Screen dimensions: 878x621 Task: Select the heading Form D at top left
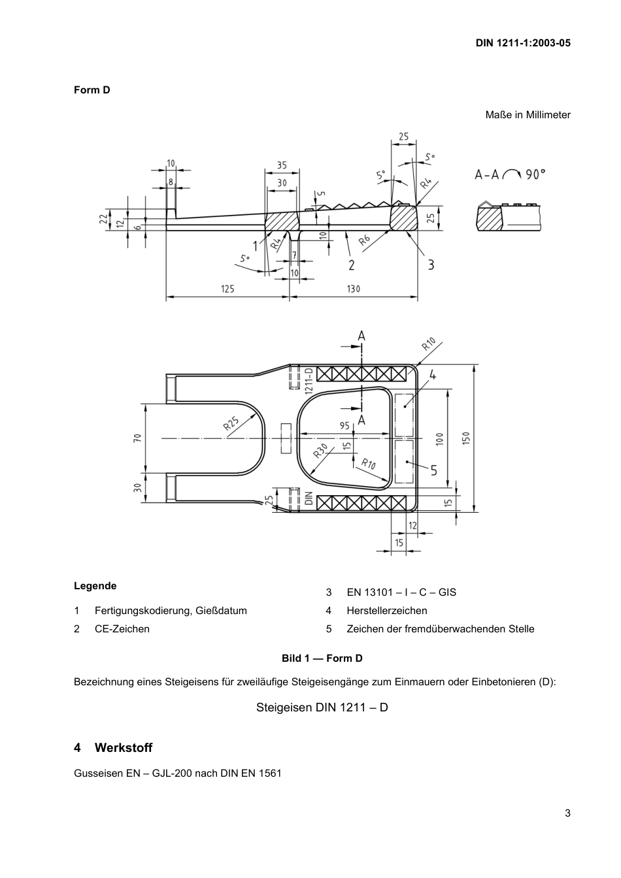pos(92,90)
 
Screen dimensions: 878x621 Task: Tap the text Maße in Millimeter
pos(528,115)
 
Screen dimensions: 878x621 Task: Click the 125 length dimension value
pos(227,288)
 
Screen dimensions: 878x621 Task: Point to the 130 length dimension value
pos(353,288)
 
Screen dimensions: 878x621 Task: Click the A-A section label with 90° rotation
pos(510,174)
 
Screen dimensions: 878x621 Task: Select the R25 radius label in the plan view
pos(231,423)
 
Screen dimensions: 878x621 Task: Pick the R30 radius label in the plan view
pos(320,450)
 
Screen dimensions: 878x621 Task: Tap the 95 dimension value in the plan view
pos(344,425)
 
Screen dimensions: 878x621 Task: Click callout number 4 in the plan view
pos(433,375)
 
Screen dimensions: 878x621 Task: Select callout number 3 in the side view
pos(431,265)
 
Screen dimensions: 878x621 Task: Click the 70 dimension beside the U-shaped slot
pos(137,438)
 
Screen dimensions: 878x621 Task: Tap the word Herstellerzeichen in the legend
pos(386,611)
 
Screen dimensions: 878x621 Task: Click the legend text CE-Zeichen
pos(122,629)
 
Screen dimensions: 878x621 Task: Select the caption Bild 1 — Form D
pos(322,658)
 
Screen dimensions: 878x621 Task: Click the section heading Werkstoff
pos(123,747)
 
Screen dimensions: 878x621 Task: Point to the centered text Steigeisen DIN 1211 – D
pos(322,707)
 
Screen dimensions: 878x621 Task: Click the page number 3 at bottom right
pos(567,813)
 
